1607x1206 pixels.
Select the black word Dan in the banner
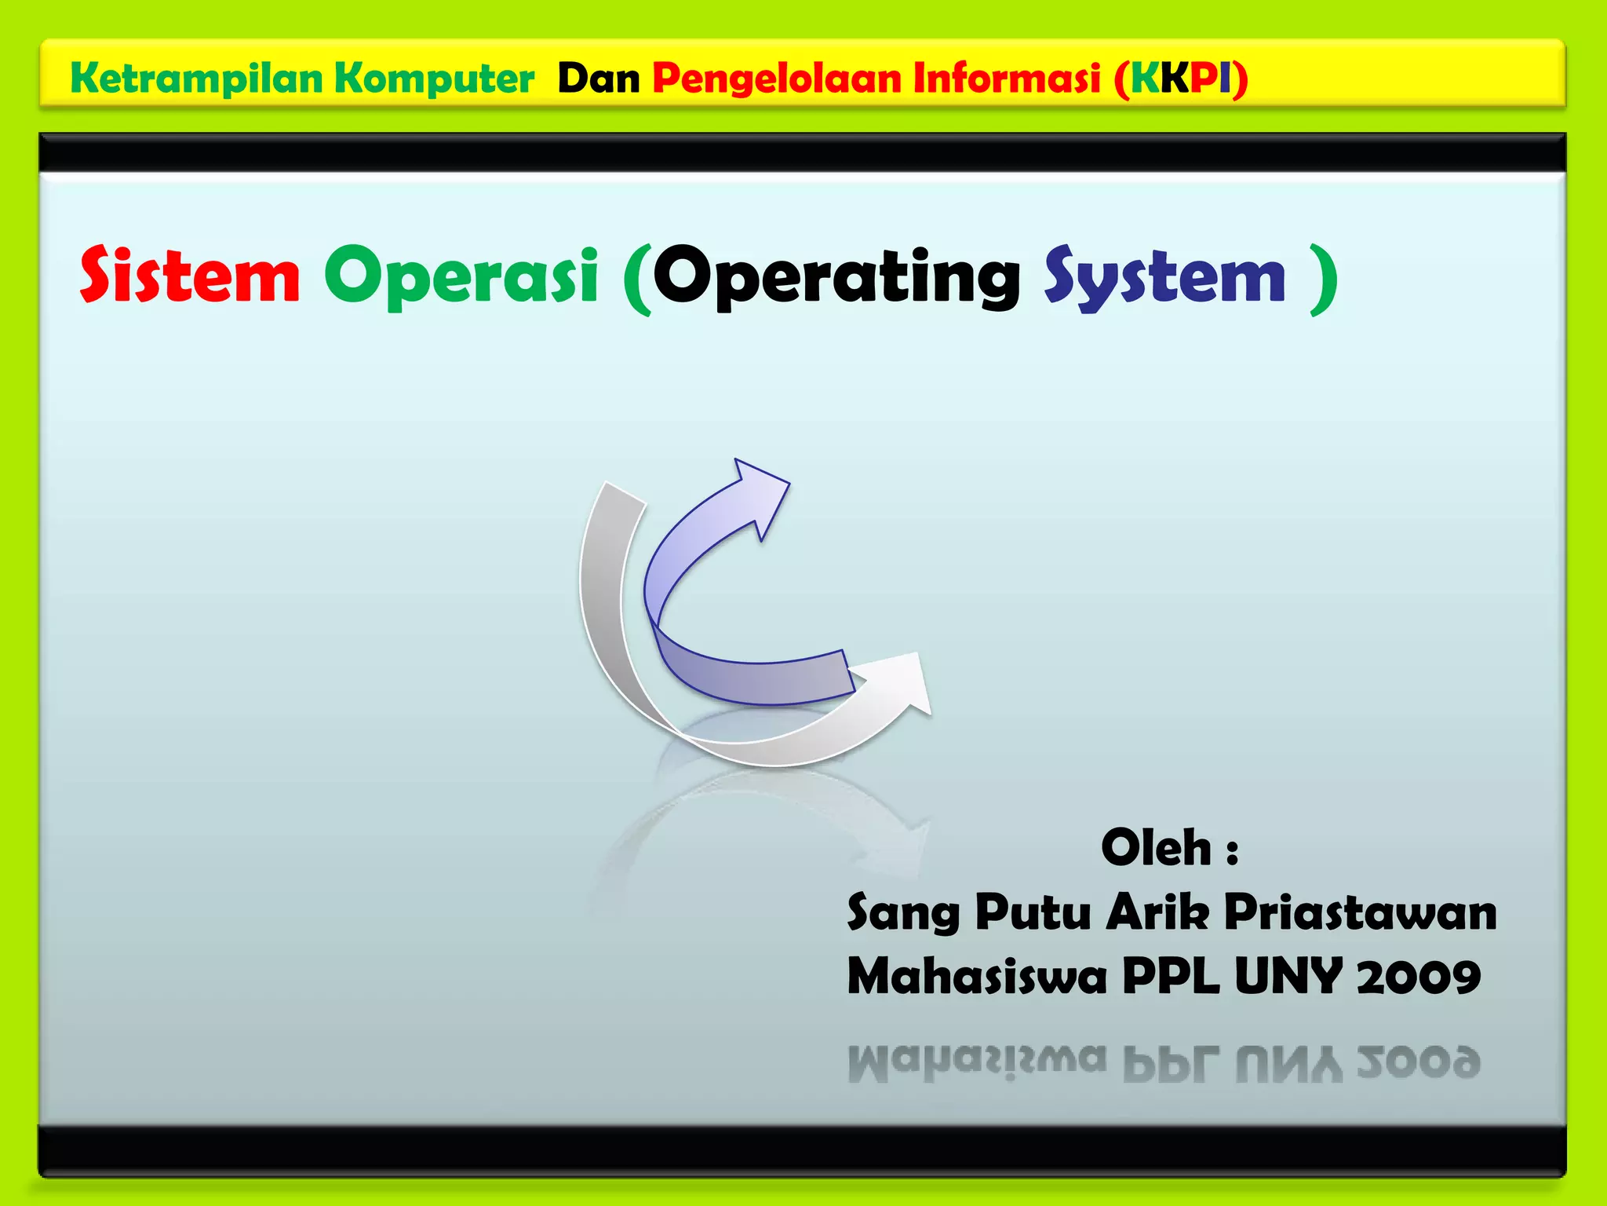click(599, 79)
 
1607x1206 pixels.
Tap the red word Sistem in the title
click(190, 276)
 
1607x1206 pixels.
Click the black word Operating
click(836, 276)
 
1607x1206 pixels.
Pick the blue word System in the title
click(1164, 276)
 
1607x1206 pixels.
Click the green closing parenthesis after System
click(1325, 278)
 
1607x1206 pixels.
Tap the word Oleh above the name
click(1157, 848)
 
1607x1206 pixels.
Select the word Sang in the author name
click(903, 913)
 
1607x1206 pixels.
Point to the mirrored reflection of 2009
click(1418, 1063)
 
